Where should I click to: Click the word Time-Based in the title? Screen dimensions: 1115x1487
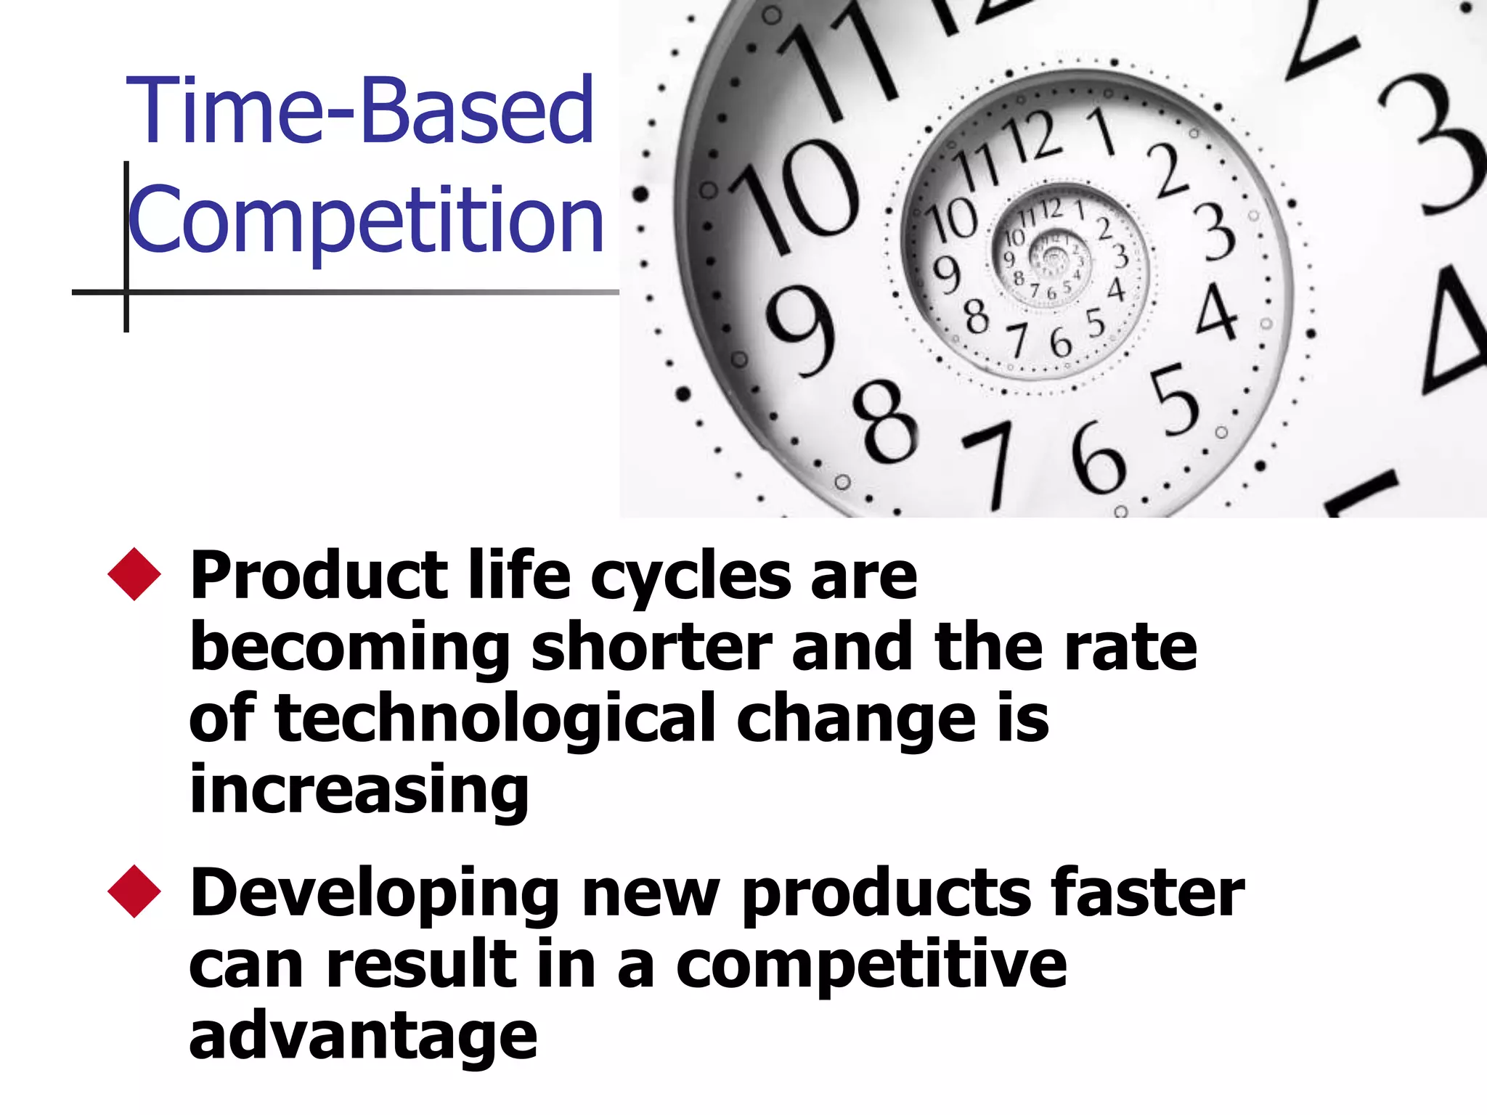pos(360,110)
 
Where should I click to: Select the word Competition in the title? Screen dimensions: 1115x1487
pos(365,220)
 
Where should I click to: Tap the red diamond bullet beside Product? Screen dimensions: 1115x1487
pos(134,574)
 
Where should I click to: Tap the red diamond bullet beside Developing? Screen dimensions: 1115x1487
pos(134,891)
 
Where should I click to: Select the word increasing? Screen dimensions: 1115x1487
pos(359,791)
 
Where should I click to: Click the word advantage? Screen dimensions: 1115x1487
pos(363,1037)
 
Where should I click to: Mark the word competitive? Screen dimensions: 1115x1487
pos(871,965)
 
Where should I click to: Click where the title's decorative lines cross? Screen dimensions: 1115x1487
pos(126,293)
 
